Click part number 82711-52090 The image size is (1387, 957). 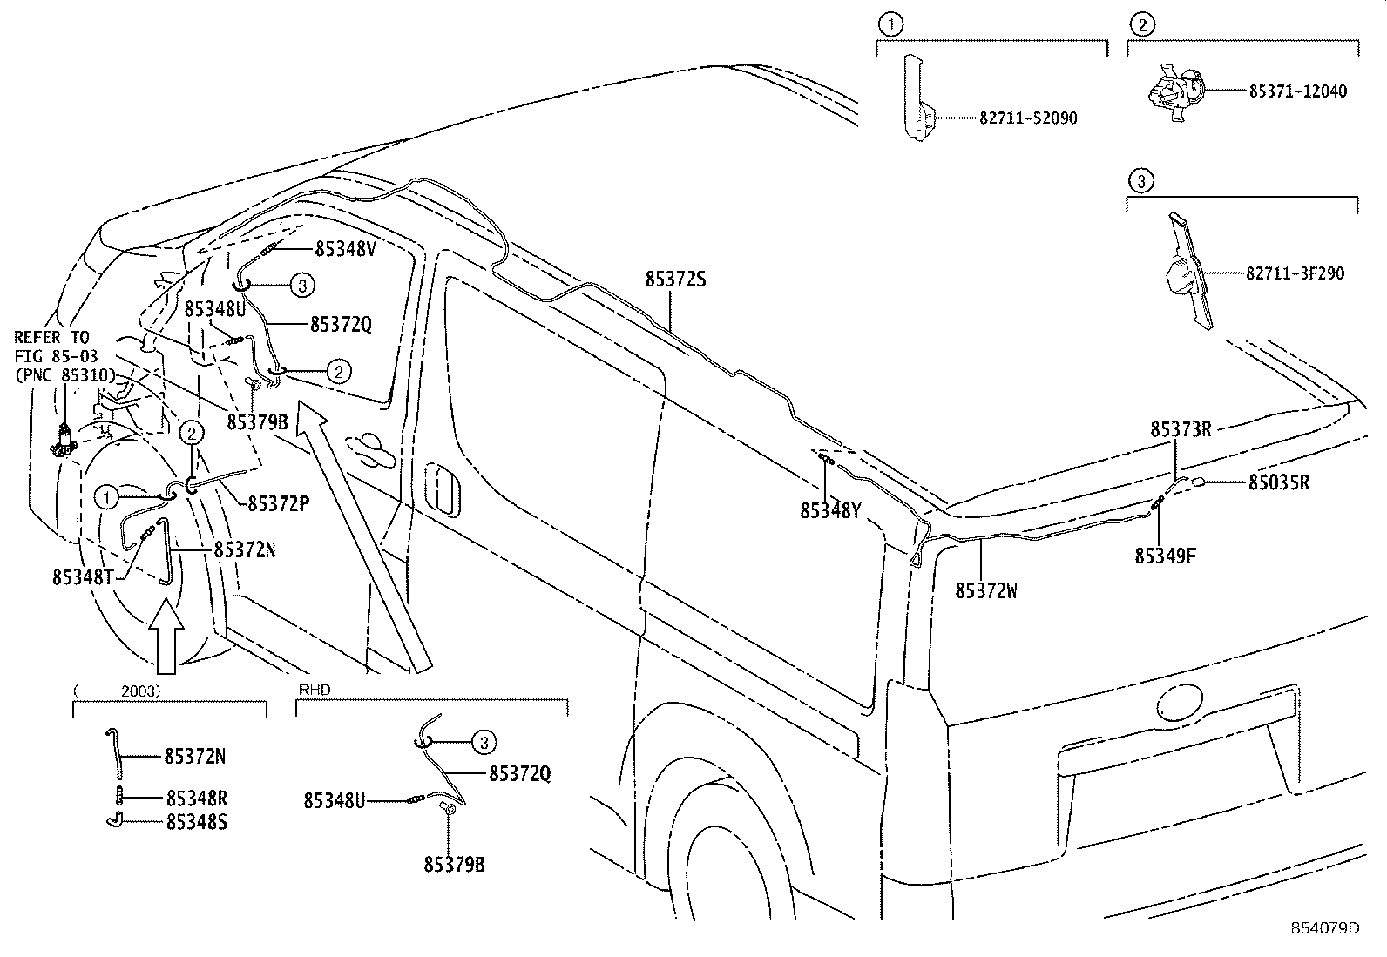tap(1028, 118)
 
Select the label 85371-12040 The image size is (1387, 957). tap(1297, 91)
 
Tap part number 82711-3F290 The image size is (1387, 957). tap(1295, 273)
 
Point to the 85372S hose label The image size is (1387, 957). tap(675, 280)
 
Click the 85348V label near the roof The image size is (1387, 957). tap(345, 248)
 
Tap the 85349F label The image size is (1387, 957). tap(1165, 556)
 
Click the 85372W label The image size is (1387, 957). tap(986, 590)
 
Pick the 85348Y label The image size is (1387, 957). tap(830, 511)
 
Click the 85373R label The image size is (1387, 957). tap(1181, 429)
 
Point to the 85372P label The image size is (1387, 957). tap(279, 503)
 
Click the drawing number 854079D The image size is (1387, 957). tap(1325, 928)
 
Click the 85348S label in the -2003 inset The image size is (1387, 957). tap(196, 821)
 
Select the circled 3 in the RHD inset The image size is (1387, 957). tap(484, 742)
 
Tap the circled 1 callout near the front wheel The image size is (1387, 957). tap(105, 497)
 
